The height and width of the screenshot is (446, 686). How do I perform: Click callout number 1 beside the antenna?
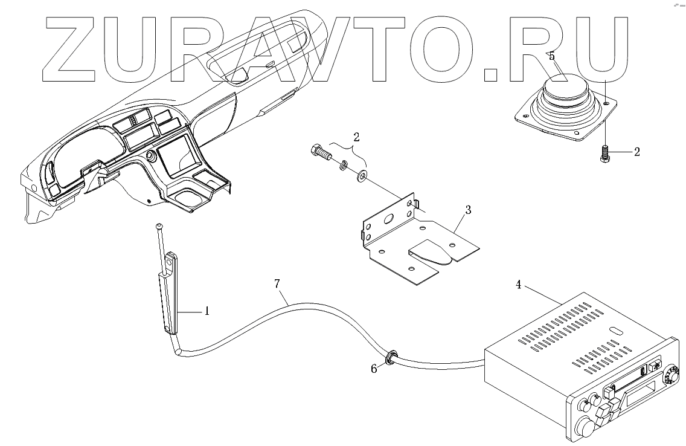point(207,311)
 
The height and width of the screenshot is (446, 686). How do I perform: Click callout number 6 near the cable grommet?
point(374,368)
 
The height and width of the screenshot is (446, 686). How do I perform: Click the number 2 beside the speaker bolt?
point(636,152)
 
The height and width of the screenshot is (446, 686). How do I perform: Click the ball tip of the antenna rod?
point(158,226)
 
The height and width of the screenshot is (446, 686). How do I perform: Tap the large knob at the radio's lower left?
point(585,427)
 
